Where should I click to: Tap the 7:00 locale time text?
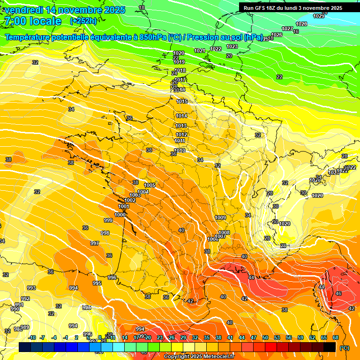click(33, 21)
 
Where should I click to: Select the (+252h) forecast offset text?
click(83, 21)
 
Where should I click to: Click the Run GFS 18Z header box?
click(293, 8)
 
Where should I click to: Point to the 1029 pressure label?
click(319, 16)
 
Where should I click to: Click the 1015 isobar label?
click(182, 101)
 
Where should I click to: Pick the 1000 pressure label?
click(120, 215)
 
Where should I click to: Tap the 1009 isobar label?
click(220, 217)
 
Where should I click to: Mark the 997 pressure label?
click(95, 243)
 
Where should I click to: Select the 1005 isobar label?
click(150, 186)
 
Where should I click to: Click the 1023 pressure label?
click(232, 46)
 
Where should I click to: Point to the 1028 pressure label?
click(301, 24)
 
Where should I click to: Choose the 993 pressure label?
click(31, 288)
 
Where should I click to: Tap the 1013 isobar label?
click(181, 126)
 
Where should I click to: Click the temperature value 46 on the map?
click(338, 293)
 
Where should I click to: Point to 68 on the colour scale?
click(336, 337)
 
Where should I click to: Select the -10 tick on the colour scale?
click(32, 337)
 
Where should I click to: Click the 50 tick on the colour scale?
click(265, 337)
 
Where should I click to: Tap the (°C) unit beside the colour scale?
click(345, 347)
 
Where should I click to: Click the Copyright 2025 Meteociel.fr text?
click(199, 356)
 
